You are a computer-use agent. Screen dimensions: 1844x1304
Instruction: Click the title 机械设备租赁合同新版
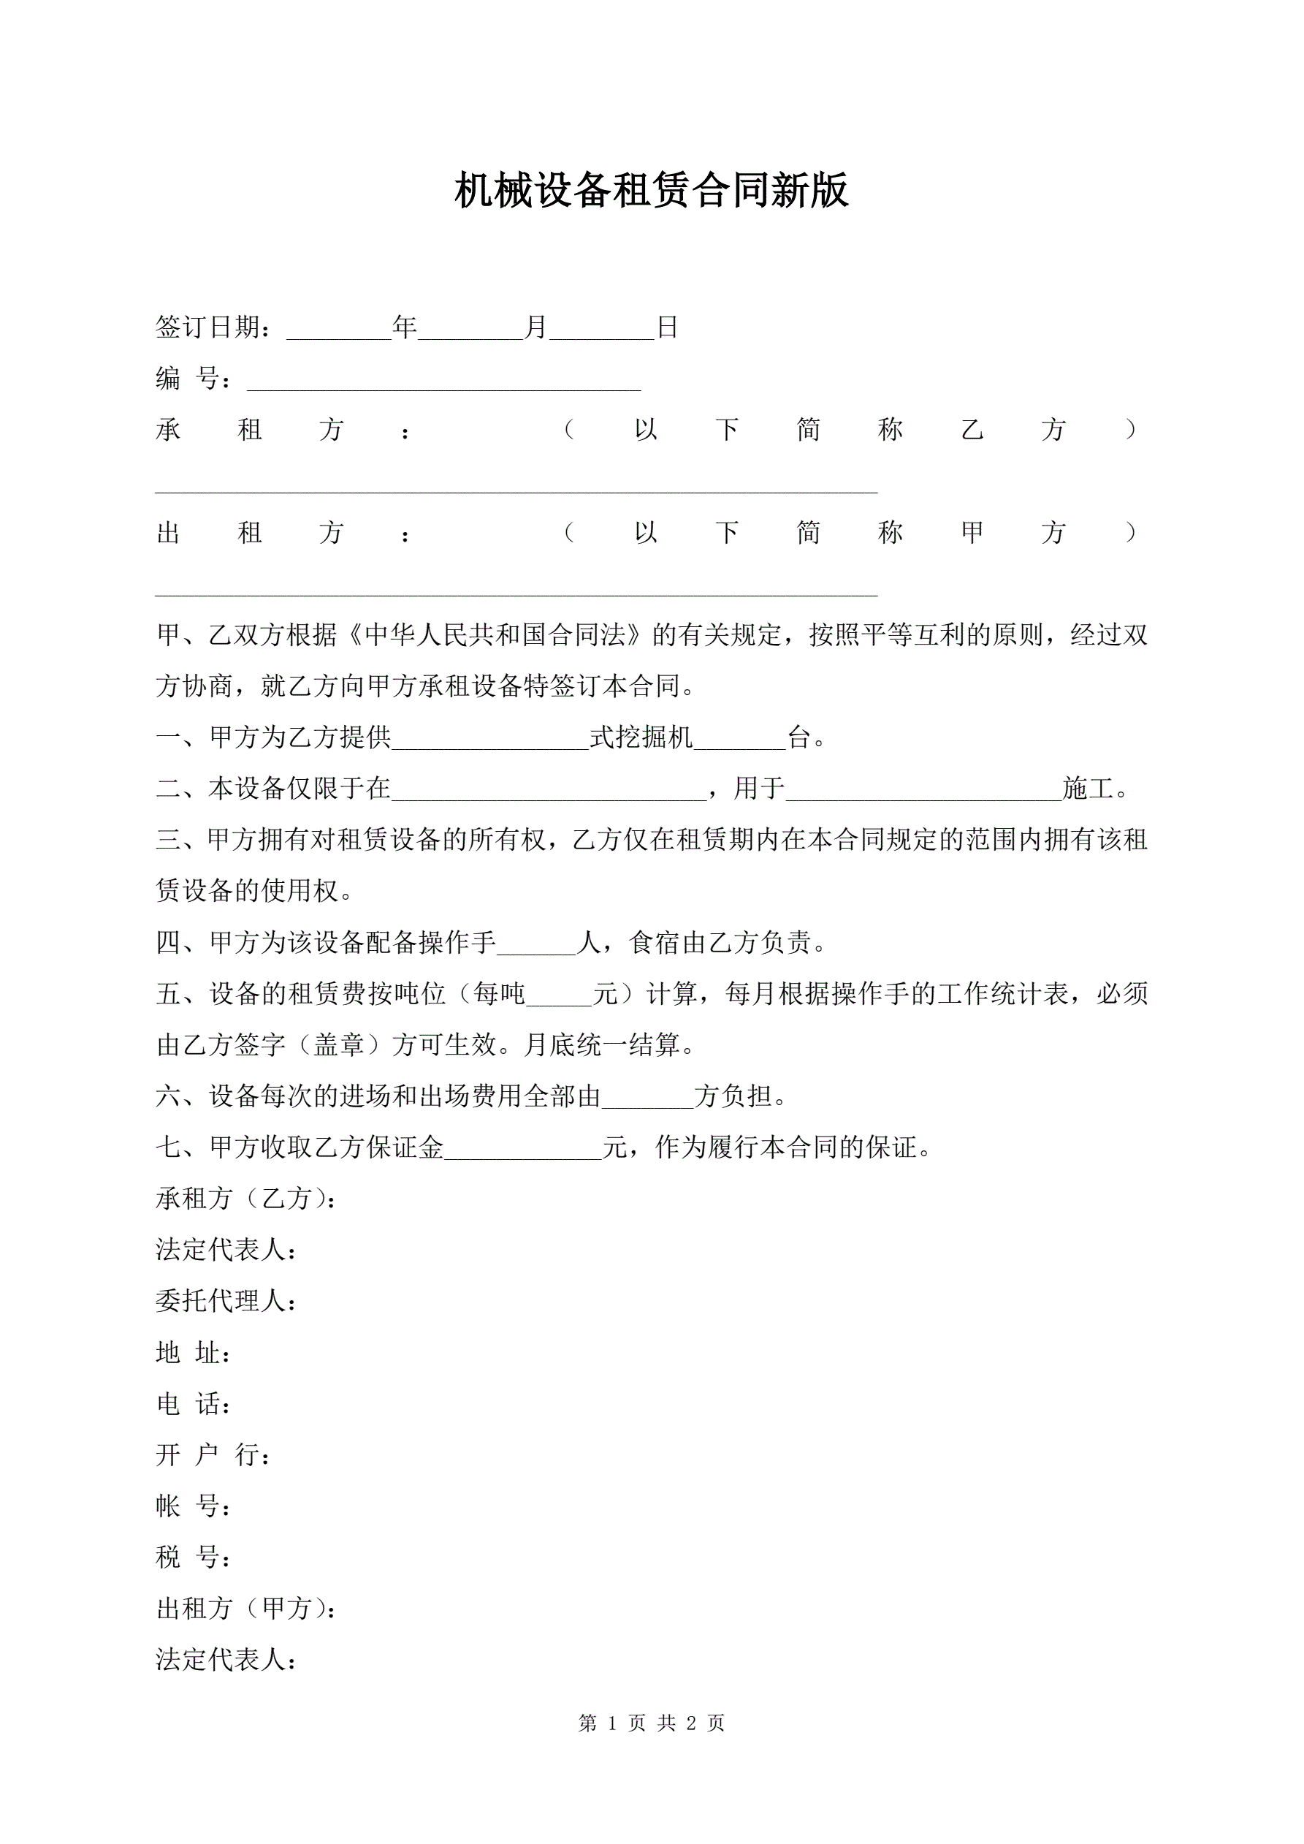point(651,191)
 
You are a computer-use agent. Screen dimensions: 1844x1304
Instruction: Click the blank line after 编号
point(443,381)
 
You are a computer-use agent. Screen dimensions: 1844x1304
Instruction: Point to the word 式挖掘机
point(641,737)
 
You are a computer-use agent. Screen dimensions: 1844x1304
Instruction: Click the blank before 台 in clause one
point(739,740)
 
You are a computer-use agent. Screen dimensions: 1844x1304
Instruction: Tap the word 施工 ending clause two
point(1088,789)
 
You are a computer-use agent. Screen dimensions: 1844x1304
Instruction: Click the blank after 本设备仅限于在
point(549,792)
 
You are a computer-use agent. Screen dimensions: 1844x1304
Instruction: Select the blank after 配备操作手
point(536,945)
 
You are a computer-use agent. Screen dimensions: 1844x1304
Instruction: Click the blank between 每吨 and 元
point(559,997)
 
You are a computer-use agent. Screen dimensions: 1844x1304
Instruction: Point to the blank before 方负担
point(647,1099)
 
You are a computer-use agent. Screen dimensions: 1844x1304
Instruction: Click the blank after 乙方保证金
point(523,1151)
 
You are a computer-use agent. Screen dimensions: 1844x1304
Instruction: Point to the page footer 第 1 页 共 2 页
point(651,1723)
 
